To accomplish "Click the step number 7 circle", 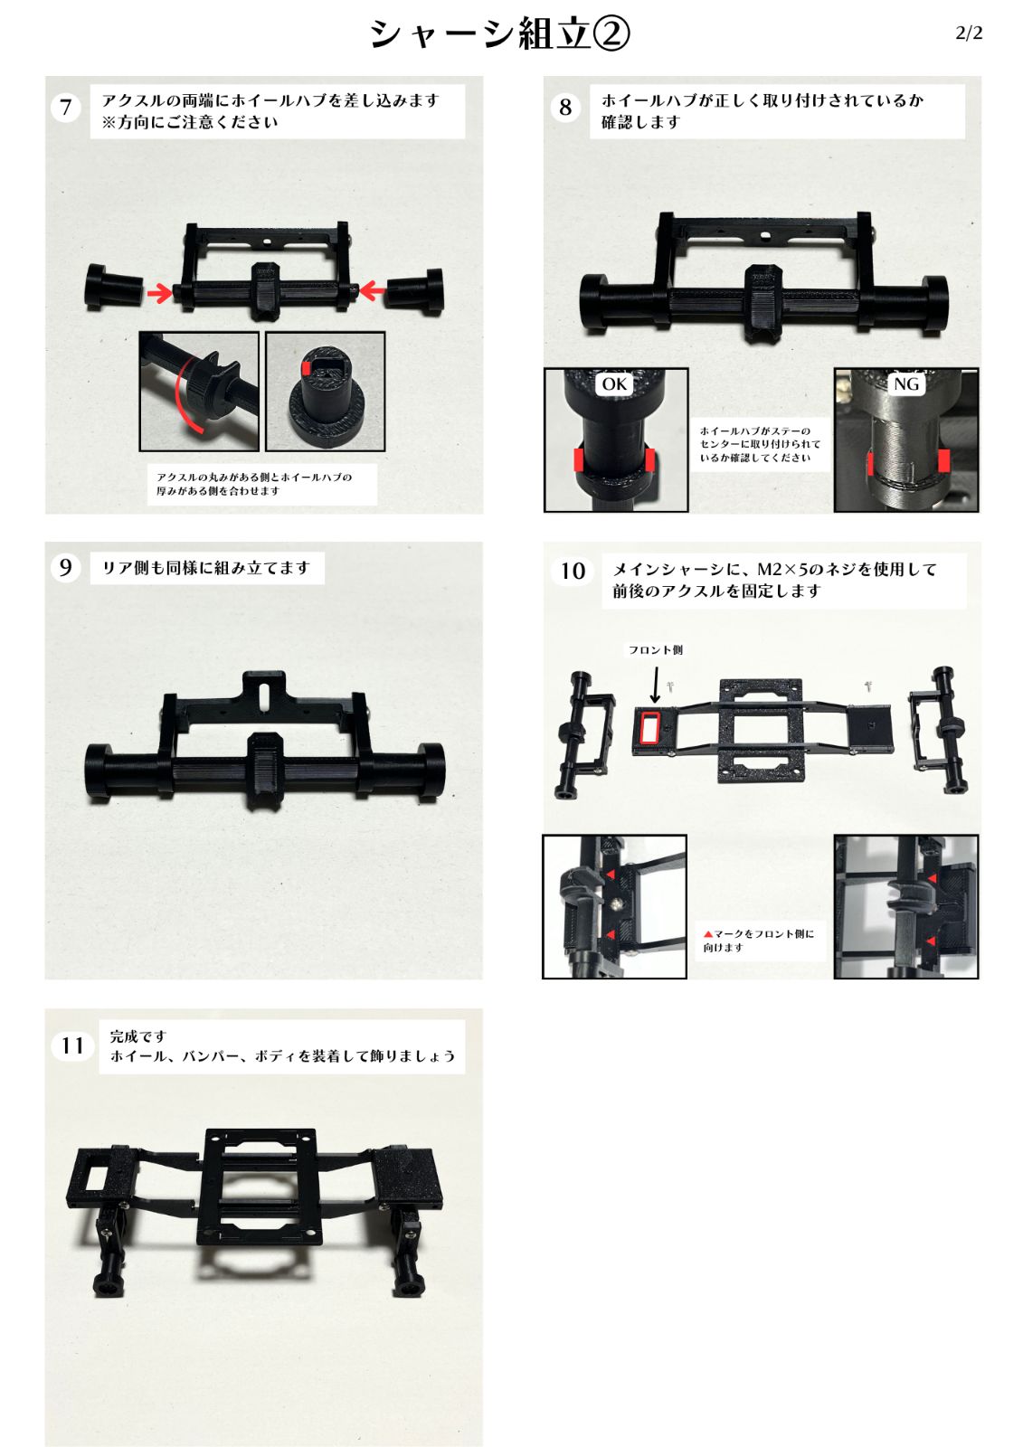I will coord(66,108).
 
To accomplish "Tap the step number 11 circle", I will coord(72,1045).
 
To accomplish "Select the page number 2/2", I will coord(968,33).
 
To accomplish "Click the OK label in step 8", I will coord(614,384).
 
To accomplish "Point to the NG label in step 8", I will coord(905,384).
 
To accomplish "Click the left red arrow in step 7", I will coord(160,292).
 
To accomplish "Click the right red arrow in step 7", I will coord(374,290).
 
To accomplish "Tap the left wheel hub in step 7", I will coord(111,287).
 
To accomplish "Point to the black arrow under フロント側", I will coord(656,683).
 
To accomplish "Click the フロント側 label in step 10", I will coord(656,649).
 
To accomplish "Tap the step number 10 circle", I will coord(573,571).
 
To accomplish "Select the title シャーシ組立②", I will coord(499,34).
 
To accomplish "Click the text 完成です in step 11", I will coord(138,1036).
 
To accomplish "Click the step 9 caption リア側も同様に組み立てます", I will coord(206,568).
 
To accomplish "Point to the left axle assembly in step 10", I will coord(580,733).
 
